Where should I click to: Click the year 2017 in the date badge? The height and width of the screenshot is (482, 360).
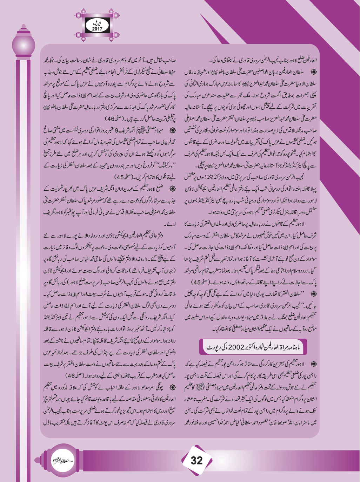pyautogui.click(x=97, y=29)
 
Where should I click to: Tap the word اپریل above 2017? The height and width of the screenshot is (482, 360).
pyautogui.click(x=97, y=23)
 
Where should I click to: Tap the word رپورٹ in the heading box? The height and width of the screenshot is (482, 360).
pyautogui.click(x=214, y=347)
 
